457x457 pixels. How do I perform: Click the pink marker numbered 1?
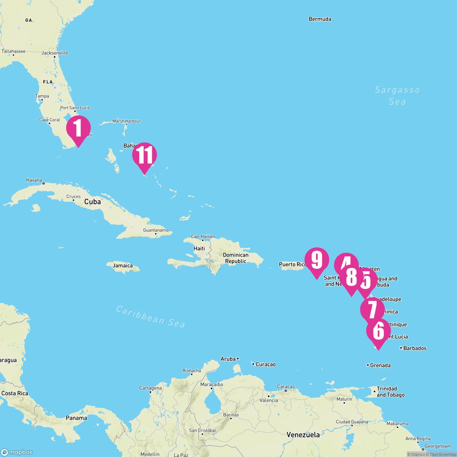(x=78, y=128)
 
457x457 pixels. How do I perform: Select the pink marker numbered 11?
(x=144, y=155)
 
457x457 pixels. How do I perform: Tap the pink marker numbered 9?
(x=316, y=260)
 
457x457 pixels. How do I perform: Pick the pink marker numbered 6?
(x=378, y=331)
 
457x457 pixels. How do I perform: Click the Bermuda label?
(x=320, y=19)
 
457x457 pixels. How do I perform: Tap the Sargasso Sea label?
(x=397, y=96)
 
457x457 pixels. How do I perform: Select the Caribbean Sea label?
(x=151, y=316)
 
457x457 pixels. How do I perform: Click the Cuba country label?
(x=93, y=202)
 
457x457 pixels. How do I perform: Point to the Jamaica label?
(x=122, y=266)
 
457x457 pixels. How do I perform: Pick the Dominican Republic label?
(x=236, y=258)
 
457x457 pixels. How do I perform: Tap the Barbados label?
(x=415, y=348)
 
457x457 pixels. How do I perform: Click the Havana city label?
(x=34, y=180)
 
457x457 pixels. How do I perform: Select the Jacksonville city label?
(x=54, y=53)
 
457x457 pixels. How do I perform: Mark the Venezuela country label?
(x=303, y=435)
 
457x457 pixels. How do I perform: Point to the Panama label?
(x=76, y=418)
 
